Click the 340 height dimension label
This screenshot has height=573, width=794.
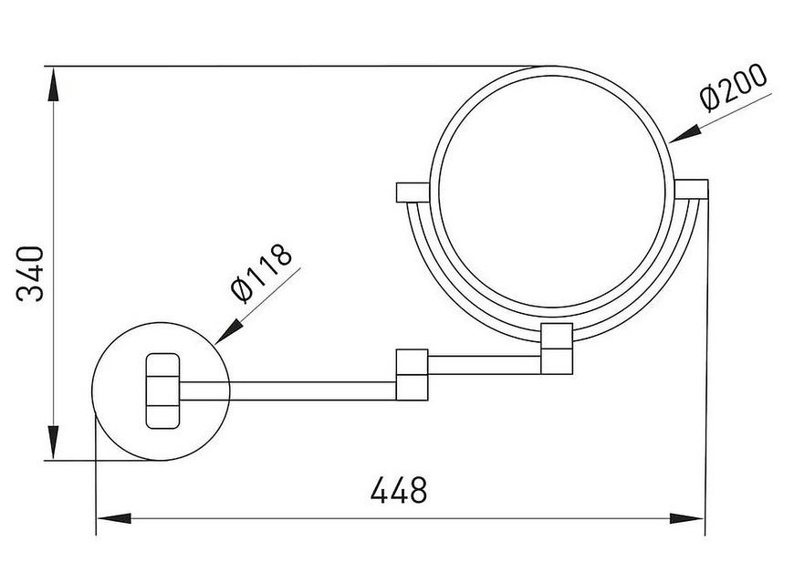(x=30, y=274)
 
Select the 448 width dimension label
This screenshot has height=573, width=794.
(x=399, y=490)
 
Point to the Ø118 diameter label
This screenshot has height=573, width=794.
(x=261, y=274)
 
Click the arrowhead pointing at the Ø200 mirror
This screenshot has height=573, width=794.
(x=685, y=133)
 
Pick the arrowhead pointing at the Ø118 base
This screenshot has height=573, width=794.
(x=229, y=331)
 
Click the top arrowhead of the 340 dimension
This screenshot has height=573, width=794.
(x=53, y=85)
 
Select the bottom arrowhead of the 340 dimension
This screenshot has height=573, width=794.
(x=53, y=442)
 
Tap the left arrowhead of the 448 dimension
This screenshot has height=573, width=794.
(x=114, y=518)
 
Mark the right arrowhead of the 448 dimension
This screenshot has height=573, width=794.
(x=686, y=518)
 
